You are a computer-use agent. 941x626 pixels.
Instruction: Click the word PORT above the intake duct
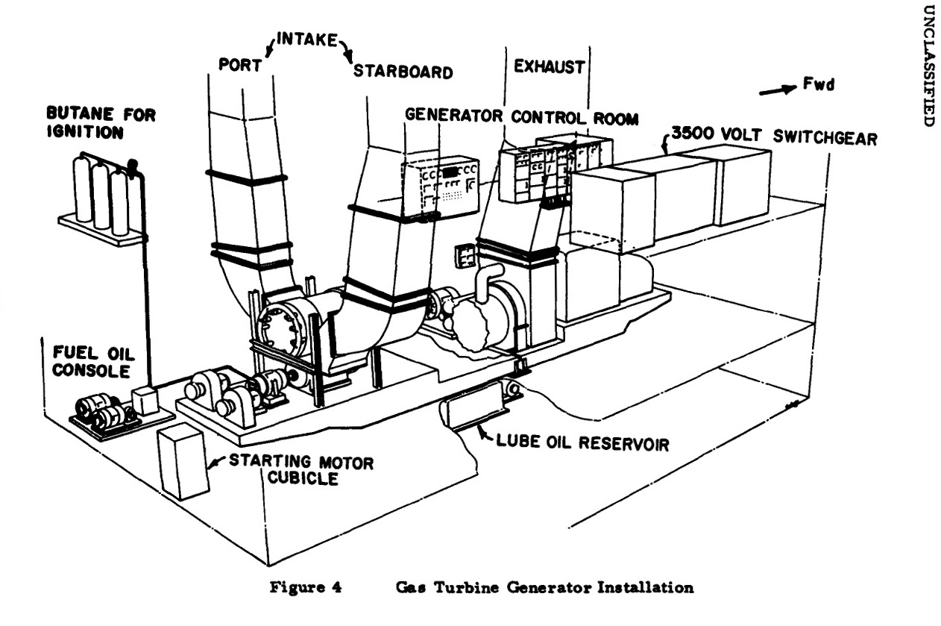pos(240,64)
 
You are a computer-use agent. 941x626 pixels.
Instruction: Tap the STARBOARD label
pos(403,72)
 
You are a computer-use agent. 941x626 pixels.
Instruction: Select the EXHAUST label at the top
pos(549,66)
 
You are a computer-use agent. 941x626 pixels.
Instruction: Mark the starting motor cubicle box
pos(183,460)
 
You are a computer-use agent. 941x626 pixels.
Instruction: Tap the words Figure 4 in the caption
pos(302,587)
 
